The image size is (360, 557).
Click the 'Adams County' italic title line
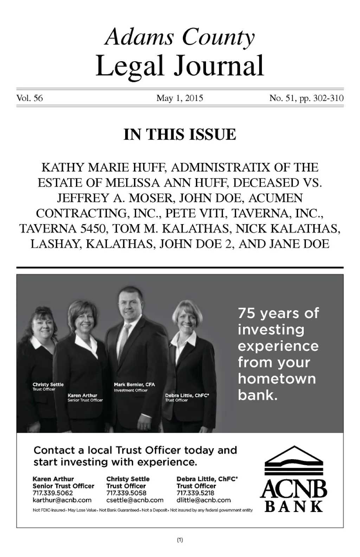[180, 37]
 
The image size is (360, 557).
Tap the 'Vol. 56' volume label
[30, 98]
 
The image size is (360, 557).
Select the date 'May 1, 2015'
[180, 98]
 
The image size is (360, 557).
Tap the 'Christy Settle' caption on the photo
[48, 385]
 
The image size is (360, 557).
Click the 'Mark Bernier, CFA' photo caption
[134, 385]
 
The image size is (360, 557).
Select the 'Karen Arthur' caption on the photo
[82, 395]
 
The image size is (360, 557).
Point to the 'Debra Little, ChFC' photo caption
[187, 395]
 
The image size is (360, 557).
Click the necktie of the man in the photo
[125, 338]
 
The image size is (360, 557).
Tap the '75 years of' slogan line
[278, 313]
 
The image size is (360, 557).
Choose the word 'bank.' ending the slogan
[258, 395]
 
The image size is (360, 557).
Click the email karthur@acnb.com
[62, 500]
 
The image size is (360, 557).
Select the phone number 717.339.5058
[126, 493]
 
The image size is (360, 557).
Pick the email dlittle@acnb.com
[204, 500]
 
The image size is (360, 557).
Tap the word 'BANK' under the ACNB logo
[294, 507]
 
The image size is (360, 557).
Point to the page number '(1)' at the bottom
[180, 540]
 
